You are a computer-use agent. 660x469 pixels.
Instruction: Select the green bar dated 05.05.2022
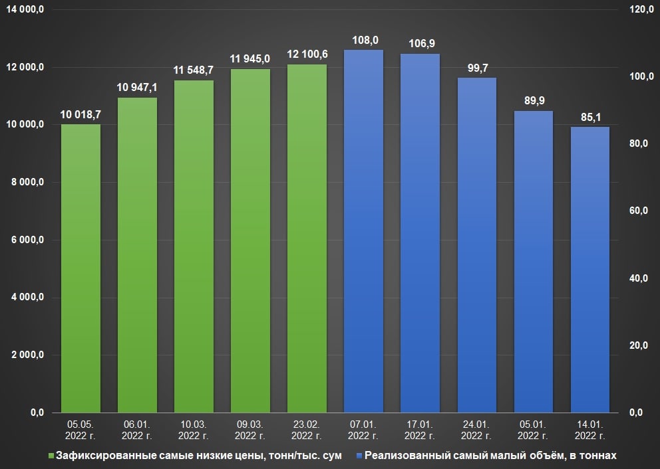[x=81, y=268]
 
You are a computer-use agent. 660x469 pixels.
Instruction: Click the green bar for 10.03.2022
[x=194, y=246]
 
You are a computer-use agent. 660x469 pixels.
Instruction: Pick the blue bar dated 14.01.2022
[x=589, y=270]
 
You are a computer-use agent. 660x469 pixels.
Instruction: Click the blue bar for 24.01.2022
[x=476, y=245]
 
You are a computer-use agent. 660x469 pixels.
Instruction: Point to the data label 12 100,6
[x=307, y=53]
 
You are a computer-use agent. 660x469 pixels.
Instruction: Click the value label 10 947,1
[x=137, y=87]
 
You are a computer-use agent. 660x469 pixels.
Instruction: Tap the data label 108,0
[x=363, y=39]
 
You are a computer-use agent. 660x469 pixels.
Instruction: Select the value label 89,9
[x=533, y=100]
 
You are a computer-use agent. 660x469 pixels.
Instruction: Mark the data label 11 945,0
[x=250, y=58]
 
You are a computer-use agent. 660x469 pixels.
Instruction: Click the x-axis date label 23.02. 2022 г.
[x=307, y=430]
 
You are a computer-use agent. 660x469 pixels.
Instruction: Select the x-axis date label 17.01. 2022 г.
[x=420, y=430]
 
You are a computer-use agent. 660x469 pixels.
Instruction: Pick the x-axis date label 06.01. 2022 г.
[x=137, y=430]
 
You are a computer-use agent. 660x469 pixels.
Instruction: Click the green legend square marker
[x=51, y=456]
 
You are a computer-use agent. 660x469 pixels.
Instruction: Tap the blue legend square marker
[x=360, y=456]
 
